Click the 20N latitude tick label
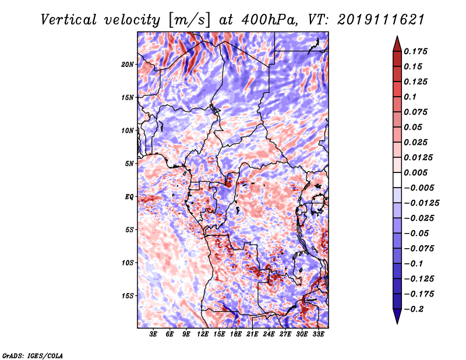pyautogui.click(x=128, y=64)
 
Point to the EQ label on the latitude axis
pyautogui.click(x=129, y=196)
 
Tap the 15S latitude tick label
pyautogui.click(x=128, y=295)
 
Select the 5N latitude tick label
pyautogui.click(x=129, y=163)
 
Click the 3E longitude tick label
pyautogui.click(x=153, y=334)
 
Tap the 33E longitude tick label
pyautogui.click(x=319, y=334)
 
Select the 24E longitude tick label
pyautogui.click(x=269, y=334)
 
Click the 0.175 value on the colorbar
pyautogui.click(x=418, y=51)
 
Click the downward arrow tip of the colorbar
pyautogui.click(x=396, y=322)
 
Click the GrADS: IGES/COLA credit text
pyautogui.click(x=33, y=354)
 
